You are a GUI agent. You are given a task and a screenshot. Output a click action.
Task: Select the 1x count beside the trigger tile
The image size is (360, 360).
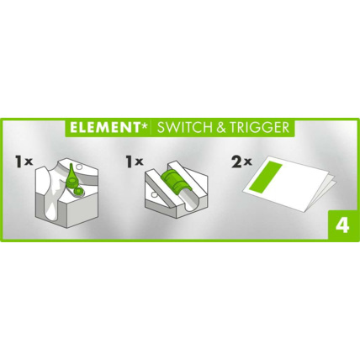132,158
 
